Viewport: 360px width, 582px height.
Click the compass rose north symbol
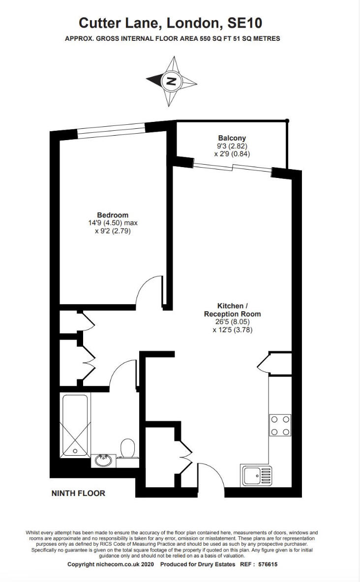[171, 81]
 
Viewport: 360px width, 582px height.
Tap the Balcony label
[232, 138]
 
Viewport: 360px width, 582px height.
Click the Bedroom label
[113, 215]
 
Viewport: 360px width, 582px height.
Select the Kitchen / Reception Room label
[232, 310]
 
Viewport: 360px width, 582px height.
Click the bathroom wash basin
[103, 461]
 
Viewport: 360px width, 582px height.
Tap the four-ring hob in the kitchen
[280, 425]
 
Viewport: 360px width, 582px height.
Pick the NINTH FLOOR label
[78, 494]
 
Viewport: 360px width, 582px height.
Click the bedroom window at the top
[111, 131]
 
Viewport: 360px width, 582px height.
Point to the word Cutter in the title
[100, 24]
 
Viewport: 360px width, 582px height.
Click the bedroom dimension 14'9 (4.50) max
[113, 223]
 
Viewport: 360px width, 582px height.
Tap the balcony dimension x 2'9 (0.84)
[232, 154]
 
